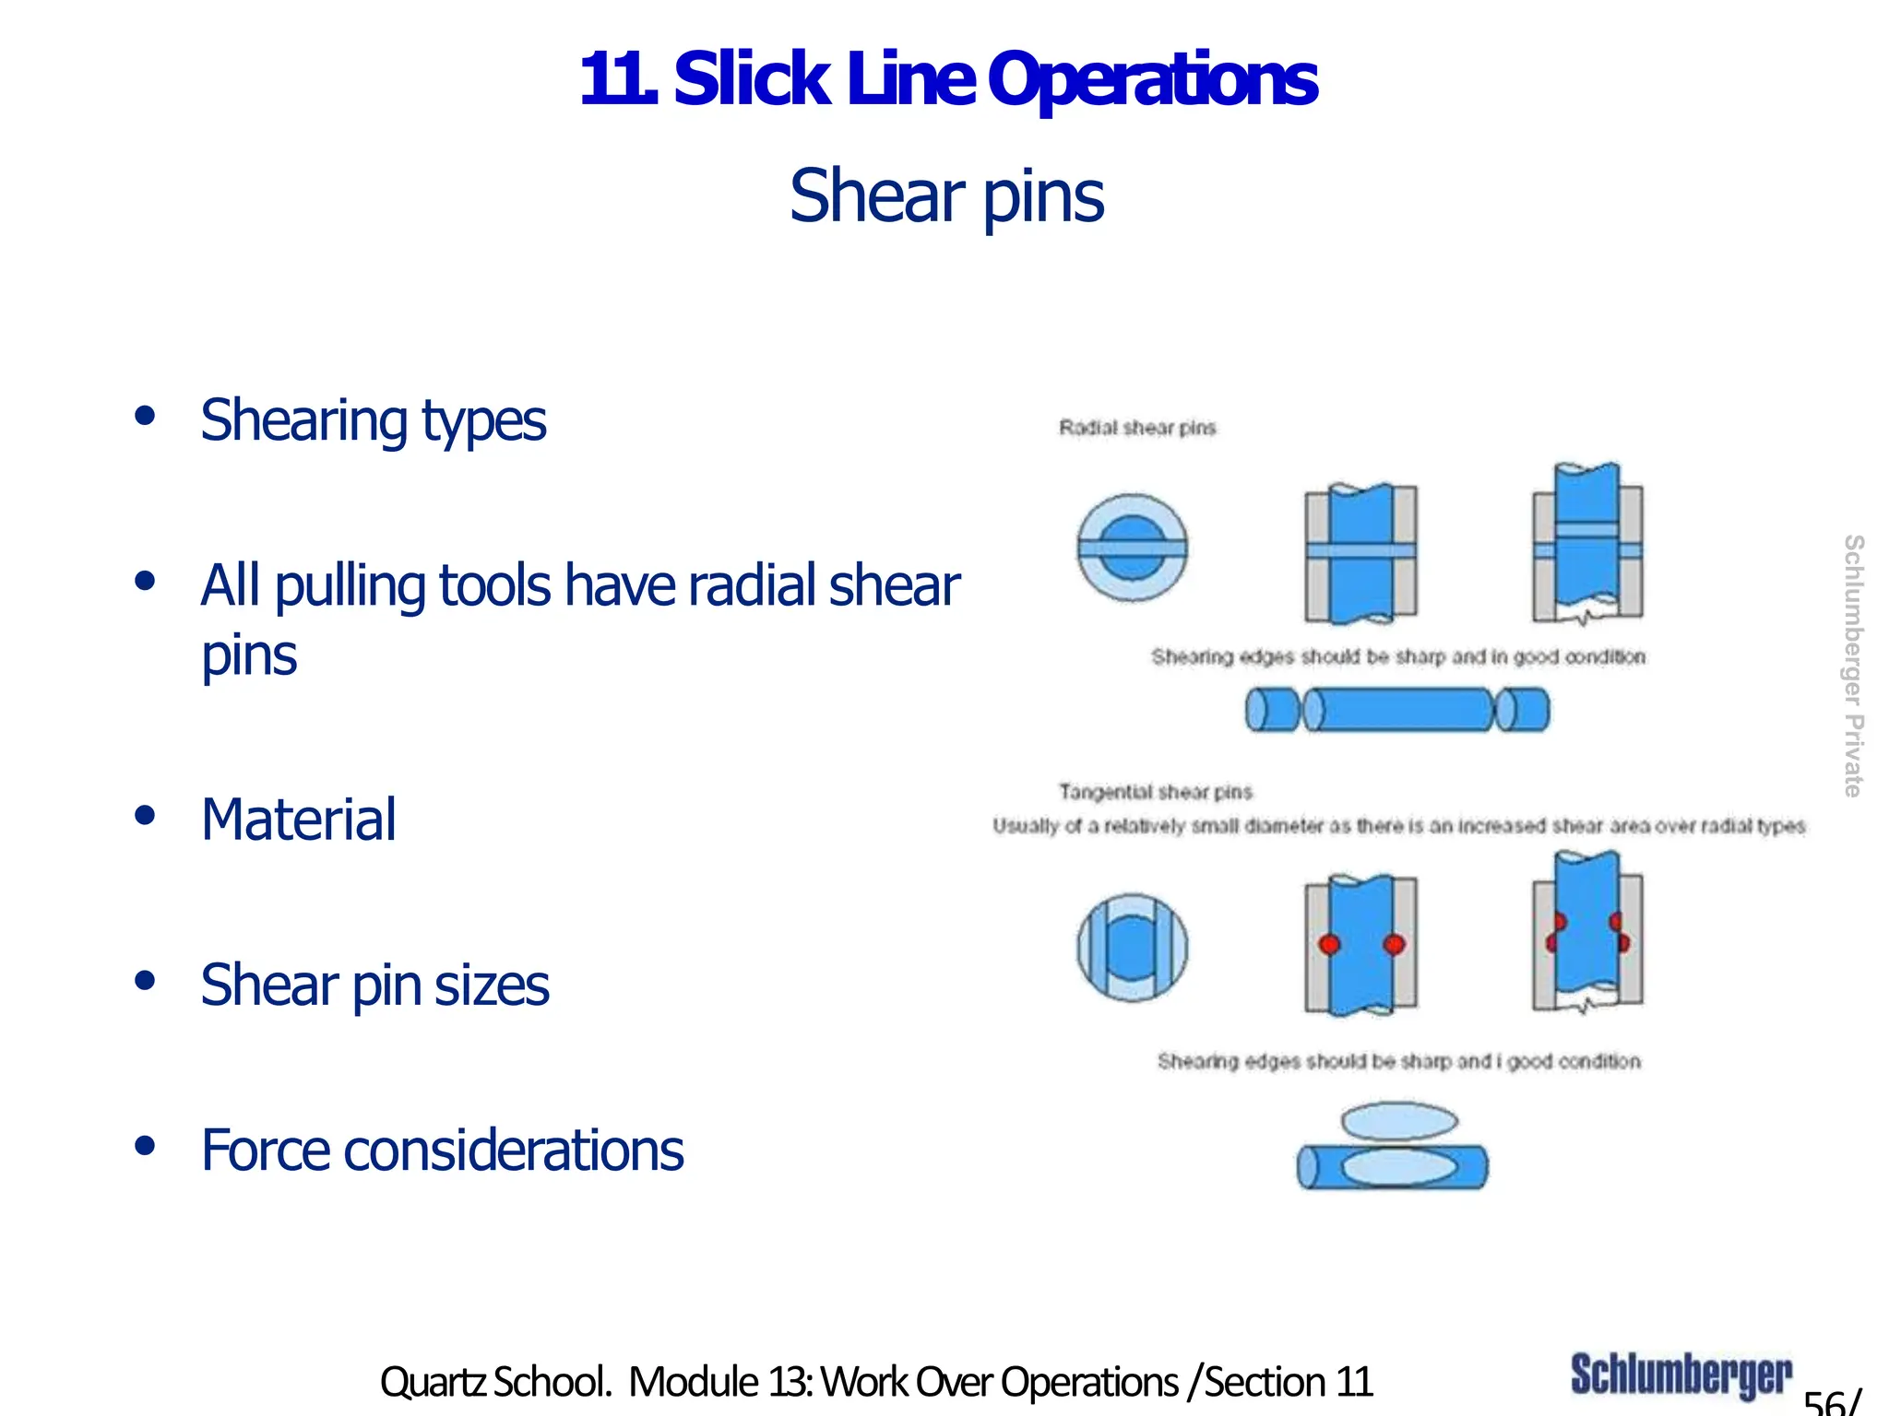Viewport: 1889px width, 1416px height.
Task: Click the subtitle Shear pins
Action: [x=946, y=196]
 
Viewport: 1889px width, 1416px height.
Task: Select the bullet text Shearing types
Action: [x=374, y=420]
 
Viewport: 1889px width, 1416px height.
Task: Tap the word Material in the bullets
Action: [x=299, y=820]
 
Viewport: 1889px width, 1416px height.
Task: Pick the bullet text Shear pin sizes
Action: [x=374, y=985]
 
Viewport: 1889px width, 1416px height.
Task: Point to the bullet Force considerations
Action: [x=443, y=1150]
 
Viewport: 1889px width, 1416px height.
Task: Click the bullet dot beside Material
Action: [x=144, y=816]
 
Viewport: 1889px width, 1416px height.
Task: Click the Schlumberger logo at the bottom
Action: [x=1681, y=1375]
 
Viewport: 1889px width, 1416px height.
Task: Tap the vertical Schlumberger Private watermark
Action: [x=1853, y=666]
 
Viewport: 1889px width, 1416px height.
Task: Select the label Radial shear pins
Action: [x=1137, y=428]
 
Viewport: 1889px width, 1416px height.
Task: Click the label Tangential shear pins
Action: [x=1156, y=792]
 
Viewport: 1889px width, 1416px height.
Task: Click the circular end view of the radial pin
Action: [x=1133, y=549]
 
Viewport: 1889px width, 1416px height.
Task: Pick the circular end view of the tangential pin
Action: [x=1133, y=947]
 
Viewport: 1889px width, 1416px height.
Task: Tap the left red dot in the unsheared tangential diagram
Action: [x=1329, y=944]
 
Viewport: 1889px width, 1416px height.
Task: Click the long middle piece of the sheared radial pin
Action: [x=1401, y=710]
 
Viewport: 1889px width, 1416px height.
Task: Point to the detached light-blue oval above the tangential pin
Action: [x=1399, y=1121]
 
